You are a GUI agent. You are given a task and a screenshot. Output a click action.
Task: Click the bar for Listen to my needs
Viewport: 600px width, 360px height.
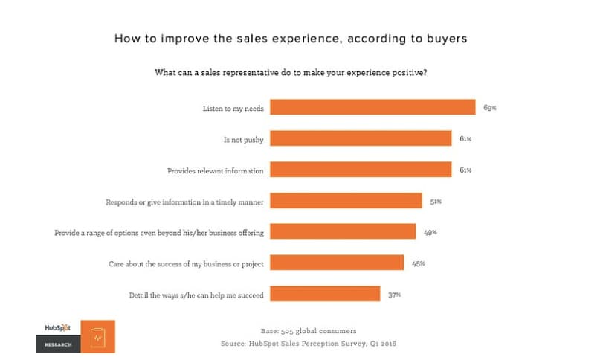click(x=372, y=107)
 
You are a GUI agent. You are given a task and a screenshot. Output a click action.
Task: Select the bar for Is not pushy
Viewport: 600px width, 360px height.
click(x=361, y=138)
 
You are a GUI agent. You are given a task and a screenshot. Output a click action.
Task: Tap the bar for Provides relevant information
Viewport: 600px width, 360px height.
click(x=361, y=170)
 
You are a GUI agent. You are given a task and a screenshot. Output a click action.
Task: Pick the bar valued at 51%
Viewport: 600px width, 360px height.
click(x=346, y=201)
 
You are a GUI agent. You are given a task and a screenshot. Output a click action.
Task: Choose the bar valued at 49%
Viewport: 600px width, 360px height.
click(x=343, y=232)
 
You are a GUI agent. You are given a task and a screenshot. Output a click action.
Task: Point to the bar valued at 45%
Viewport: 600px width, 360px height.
click(x=337, y=263)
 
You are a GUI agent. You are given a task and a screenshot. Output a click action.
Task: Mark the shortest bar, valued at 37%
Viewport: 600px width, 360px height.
click(x=325, y=294)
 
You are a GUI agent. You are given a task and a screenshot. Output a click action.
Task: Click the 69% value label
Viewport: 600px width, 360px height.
click(x=489, y=108)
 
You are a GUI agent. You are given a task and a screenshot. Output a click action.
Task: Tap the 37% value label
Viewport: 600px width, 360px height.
click(x=394, y=295)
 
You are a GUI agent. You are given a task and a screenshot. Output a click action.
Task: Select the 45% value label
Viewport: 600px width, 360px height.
click(x=418, y=263)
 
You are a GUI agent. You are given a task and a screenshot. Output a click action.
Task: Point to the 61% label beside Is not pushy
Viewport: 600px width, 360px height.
click(x=465, y=139)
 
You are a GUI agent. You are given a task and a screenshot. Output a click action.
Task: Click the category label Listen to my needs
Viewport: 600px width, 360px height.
click(x=233, y=108)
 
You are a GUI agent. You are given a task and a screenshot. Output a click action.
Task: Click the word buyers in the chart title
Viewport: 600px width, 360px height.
click(x=443, y=38)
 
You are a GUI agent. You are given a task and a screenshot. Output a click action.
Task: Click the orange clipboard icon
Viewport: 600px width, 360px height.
click(x=97, y=337)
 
